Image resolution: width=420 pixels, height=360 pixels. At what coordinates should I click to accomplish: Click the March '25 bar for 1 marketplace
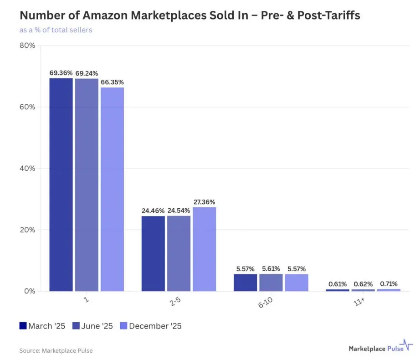click(x=61, y=185)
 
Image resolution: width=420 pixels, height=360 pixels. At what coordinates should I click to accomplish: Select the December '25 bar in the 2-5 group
click(x=204, y=249)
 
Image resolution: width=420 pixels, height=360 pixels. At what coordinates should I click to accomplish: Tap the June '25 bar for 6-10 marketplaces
click(x=271, y=283)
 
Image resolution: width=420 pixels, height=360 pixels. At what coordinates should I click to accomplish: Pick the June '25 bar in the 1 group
click(x=87, y=185)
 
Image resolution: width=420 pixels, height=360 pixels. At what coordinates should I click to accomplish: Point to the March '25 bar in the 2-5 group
click(x=153, y=253)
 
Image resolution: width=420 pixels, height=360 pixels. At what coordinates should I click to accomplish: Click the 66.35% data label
click(x=112, y=82)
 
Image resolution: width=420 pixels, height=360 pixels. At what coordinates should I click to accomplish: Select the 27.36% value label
click(x=204, y=202)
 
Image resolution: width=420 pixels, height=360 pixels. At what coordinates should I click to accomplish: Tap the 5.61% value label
click(x=271, y=269)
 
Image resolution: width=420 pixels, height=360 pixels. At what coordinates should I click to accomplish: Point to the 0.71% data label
click(x=388, y=284)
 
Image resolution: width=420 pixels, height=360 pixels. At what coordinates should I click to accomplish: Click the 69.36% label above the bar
click(x=61, y=73)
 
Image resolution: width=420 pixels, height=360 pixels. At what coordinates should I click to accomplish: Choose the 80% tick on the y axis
click(x=27, y=46)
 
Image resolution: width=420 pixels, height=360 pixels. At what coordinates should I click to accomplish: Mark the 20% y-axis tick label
click(x=27, y=230)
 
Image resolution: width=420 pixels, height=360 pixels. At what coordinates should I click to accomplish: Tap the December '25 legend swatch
click(x=123, y=326)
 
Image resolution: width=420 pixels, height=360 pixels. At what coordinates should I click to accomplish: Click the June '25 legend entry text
click(x=97, y=326)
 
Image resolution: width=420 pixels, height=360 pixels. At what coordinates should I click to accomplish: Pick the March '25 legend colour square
click(x=23, y=326)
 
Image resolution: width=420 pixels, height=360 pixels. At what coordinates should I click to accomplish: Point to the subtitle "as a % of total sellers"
click(x=56, y=30)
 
